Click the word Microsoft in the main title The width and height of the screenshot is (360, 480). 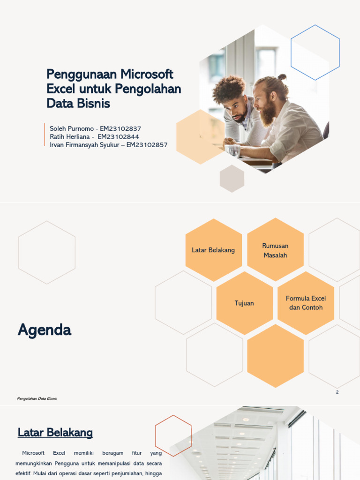coord(147,74)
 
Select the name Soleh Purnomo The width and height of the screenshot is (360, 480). coord(71,128)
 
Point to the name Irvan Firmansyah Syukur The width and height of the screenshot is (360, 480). coord(86,145)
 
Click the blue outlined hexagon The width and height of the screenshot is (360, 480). coord(315,52)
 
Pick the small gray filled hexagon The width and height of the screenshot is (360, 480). coord(232,179)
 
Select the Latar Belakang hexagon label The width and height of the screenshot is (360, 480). coord(213,250)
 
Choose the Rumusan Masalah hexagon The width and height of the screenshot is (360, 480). coord(275,250)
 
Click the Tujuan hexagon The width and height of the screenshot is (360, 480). coord(244,303)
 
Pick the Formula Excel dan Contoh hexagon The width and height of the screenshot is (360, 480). coord(306,303)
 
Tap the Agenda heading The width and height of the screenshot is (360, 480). coord(45,330)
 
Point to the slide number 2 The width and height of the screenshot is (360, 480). coord(337,392)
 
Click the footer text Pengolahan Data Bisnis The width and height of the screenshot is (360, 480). coord(37,398)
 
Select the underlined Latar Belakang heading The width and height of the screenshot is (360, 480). coord(55,433)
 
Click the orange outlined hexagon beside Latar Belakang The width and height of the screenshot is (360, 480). coord(173,435)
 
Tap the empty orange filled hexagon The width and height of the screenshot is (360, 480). coord(275,356)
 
